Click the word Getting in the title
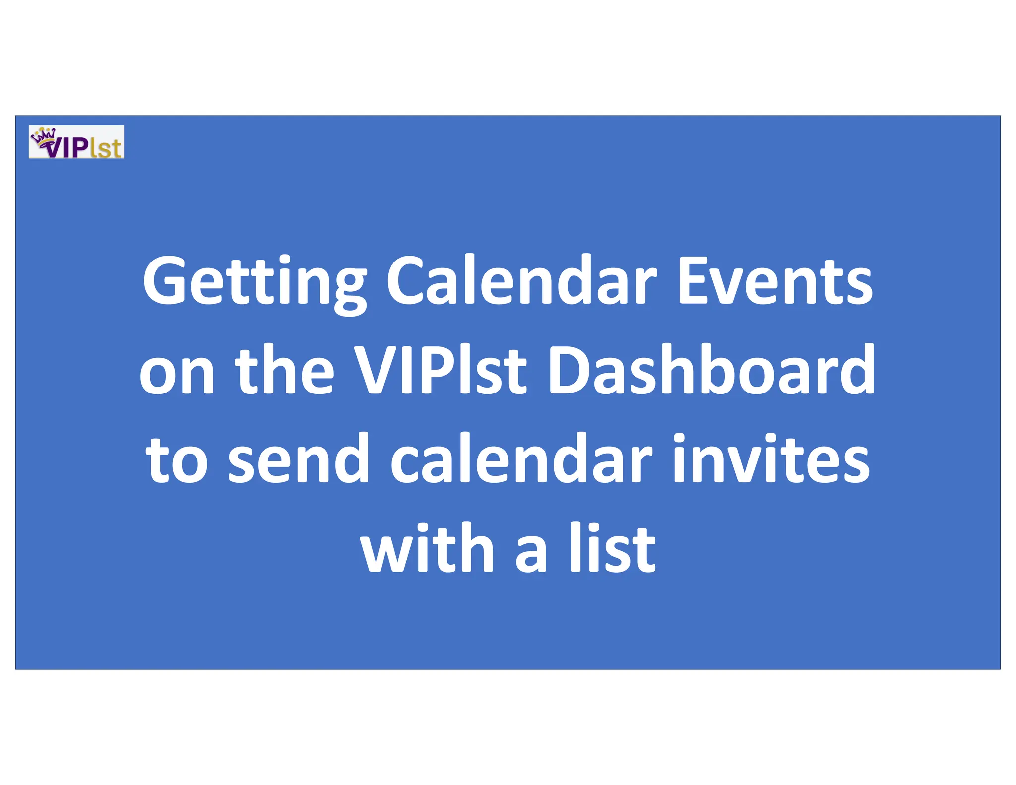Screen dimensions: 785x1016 (x=254, y=282)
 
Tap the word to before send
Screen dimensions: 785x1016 (x=176, y=460)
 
